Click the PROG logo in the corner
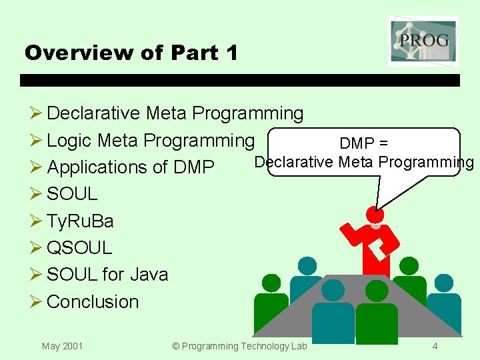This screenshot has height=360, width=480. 423,41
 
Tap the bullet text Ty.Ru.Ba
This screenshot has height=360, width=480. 80,221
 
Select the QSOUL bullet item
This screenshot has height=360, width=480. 79,247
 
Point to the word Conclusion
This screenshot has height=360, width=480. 93,301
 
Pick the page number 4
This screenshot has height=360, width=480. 435,346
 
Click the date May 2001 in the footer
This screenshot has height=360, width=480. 62,346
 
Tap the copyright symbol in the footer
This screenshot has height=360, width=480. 176,346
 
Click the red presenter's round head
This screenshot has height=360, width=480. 375,215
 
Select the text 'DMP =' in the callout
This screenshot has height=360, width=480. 363,143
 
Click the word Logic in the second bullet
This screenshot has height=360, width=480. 69,141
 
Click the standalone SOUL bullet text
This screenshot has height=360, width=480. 72,194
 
